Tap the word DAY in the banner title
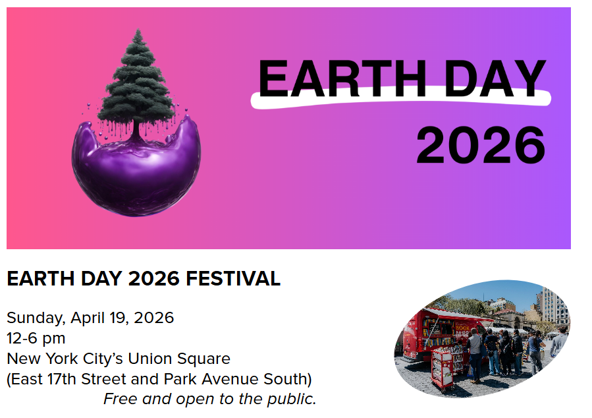[x=495, y=78]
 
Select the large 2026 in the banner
[x=481, y=145]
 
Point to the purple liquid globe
[x=136, y=168]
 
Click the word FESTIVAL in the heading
[x=233, y=279]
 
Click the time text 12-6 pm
[x=36, y=338]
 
